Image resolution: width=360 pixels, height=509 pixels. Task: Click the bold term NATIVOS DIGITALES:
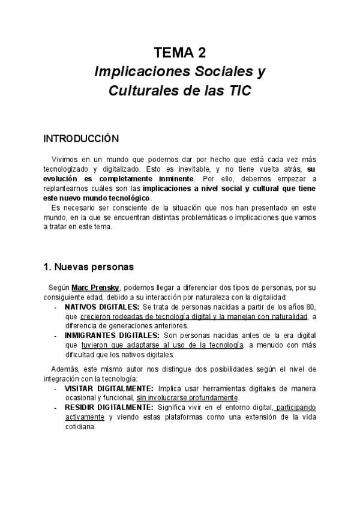(102, 307)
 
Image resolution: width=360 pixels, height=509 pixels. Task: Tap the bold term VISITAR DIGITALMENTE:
(109, 388)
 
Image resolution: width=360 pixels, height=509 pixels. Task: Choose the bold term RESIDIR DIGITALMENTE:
(109, 408)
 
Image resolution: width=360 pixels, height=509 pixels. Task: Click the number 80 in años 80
(311, 307)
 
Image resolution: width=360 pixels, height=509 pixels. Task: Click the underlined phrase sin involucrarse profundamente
(187, 398)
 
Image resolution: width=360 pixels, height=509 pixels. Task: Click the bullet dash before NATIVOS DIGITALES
(55, 307)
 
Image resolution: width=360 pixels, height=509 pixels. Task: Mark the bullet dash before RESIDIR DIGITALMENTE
(55, 408)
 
